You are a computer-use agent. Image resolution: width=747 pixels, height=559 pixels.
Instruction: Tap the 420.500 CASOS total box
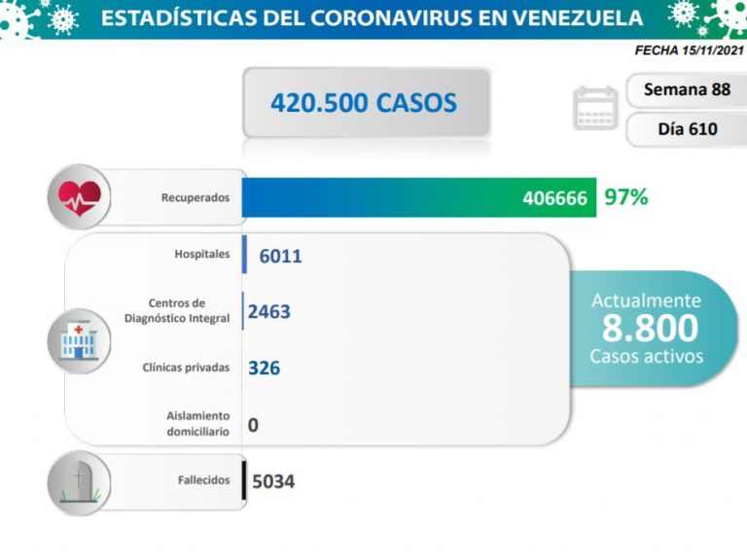click(x=364, y=102)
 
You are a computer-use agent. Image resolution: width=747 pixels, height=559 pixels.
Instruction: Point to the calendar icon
click(x=596, y=108)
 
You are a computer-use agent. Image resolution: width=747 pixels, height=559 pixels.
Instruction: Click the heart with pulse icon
click(x=79, y=196)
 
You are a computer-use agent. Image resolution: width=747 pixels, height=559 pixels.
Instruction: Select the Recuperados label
click(x=196, y=197)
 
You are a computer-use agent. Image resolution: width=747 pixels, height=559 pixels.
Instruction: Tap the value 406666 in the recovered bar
click(x=554, y=197)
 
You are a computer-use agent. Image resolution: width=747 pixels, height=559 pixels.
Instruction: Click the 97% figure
click(x=625, y=197)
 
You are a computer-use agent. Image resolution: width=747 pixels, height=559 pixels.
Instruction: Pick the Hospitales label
click(x=202, y=255)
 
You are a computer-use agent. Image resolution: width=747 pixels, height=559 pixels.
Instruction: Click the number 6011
click(x=281, y=256)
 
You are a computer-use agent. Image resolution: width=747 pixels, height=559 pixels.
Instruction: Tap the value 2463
click(x=269, y=312)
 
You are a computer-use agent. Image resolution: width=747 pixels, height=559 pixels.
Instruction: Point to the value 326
click(x=265, y=368)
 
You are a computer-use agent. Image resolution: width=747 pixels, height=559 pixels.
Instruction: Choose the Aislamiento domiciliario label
click(x=198, y=423)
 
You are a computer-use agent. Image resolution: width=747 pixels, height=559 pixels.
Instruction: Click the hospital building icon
click(x=79, y=340)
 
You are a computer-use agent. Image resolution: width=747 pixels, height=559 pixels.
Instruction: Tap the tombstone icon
click(x=79, y=480)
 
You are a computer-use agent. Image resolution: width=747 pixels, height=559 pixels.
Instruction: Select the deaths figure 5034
click(x=273, y=481)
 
